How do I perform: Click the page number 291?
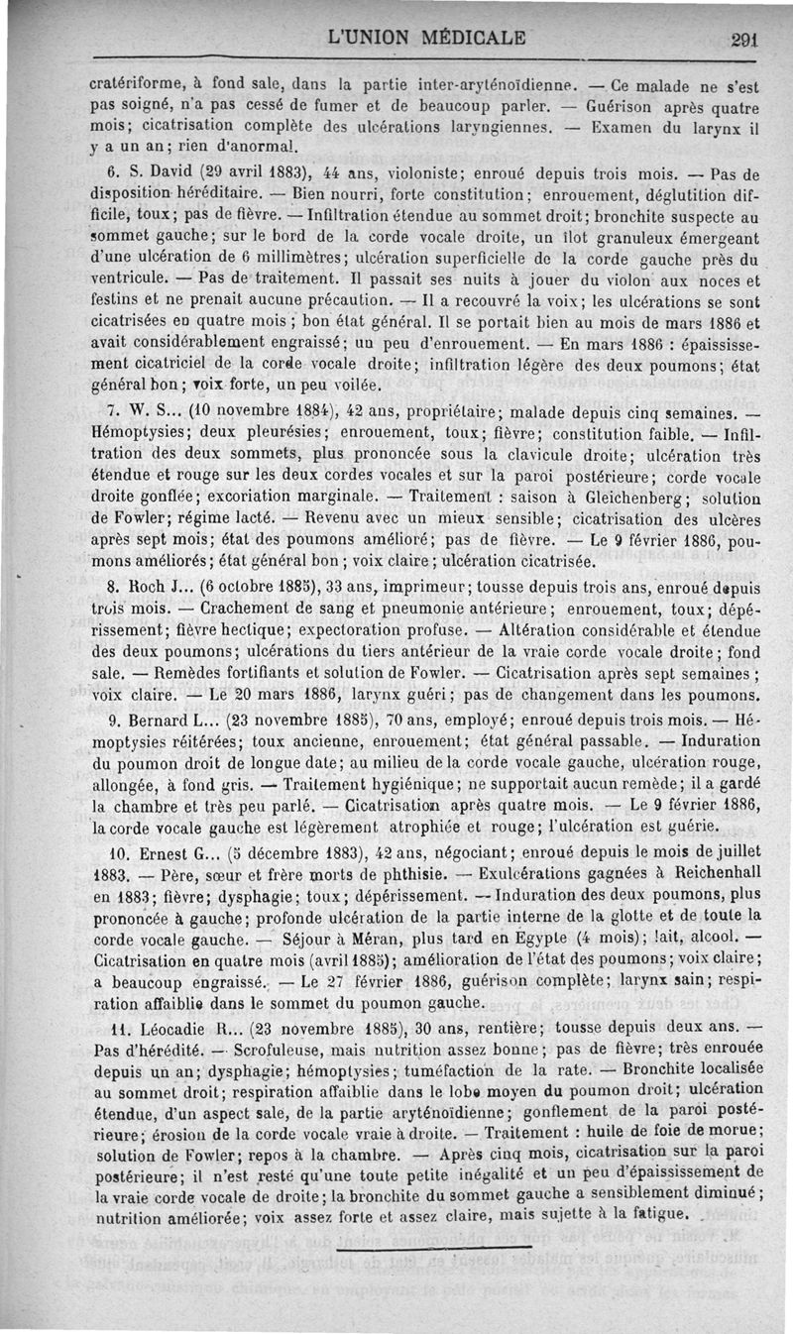click(x=742, y=41)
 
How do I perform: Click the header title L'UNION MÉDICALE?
click(x=428, y=40)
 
